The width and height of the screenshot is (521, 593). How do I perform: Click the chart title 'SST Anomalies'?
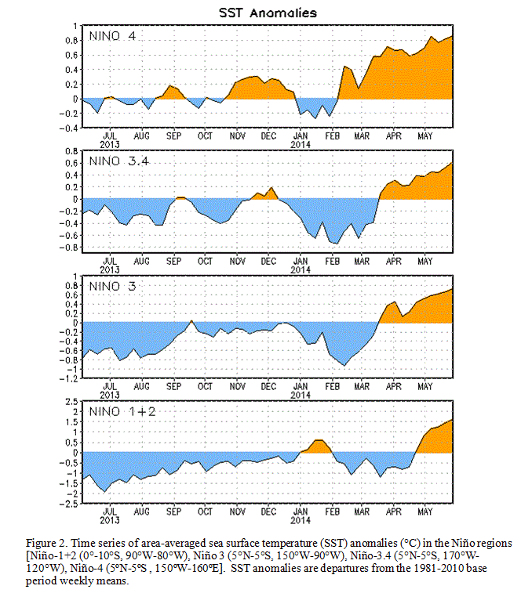(x=268, y=13)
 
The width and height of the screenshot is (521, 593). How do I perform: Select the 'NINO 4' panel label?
(x=112, y=36)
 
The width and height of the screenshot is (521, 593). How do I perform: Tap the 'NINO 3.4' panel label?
(x=119, y=161)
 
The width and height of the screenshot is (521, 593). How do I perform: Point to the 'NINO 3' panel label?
(x=112, y=286)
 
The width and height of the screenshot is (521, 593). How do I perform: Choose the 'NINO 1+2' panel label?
(x=122, y=411)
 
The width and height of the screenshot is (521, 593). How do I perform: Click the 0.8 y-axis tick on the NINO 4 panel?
(x=71, y=41)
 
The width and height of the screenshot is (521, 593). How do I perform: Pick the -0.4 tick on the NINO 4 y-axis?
(x=68, y=128)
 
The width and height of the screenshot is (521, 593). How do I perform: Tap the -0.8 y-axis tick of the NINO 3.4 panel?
(x=68, y=248)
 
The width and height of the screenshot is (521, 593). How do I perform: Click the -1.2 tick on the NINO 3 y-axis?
(x=68, y=378)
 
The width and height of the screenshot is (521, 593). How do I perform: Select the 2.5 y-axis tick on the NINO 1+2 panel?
(x=71, y=402)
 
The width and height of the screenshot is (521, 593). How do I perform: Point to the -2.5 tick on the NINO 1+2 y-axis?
(x=68, y=504)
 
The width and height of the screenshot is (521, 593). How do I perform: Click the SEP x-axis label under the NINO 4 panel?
(x=174, y=136)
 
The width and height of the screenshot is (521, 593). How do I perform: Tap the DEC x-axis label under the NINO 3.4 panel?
(x=268, y=261)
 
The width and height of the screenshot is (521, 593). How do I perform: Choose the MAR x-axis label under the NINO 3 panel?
(x=362, y=386)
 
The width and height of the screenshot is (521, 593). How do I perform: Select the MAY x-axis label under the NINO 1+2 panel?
(x=425, y=512)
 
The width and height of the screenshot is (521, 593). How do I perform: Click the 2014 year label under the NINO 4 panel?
(x=301, y=144)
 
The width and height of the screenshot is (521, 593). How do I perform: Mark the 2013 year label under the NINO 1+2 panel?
(x=110, y=520)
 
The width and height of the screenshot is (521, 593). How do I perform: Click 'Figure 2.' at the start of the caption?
(x=47, y=544)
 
